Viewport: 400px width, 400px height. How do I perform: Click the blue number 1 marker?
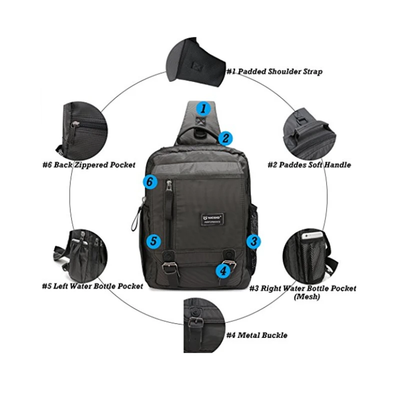point(203,108)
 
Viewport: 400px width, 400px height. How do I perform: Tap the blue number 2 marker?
point(226,138)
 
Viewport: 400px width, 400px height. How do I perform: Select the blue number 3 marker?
point(254,242)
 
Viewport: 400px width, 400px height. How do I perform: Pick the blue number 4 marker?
point(222,271)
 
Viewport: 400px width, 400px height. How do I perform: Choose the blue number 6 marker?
point(149,182)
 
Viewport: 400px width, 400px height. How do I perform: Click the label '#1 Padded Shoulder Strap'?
point(274,71)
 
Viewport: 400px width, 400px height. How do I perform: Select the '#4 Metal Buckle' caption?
point(256,335)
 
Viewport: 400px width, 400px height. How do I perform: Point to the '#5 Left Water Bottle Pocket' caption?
point(92,286)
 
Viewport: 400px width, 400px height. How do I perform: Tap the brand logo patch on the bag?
point(206,219)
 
